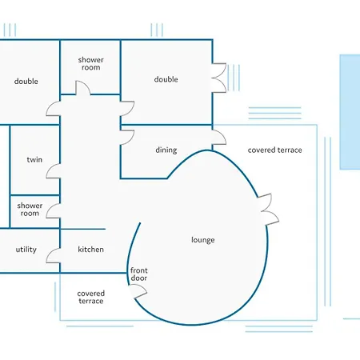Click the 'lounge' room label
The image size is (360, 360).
point(203,240)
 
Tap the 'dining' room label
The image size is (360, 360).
point(166,150)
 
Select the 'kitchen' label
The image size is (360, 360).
point(90,250)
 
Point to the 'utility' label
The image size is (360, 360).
point(26,250)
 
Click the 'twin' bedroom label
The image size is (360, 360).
point(34,160)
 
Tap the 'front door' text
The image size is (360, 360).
point(139,274)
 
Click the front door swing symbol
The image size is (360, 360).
point(138,291)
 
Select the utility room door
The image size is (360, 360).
point(54,255)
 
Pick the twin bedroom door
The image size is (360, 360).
point(54,171)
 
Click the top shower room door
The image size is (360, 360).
point(83,88)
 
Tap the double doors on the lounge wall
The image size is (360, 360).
point(268,210)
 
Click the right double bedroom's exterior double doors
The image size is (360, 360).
point(219,78)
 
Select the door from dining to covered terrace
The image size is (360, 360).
point(219,138)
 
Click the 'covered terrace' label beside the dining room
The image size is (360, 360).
point(275,150)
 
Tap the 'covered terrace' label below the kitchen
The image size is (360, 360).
point(90,297)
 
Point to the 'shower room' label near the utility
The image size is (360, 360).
point(30,210)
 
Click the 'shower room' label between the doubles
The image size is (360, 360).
point(90,63)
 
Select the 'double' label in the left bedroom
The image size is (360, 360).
point(26,81)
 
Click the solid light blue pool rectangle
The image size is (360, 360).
point(350,112)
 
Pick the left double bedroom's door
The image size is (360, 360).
point(54,109)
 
